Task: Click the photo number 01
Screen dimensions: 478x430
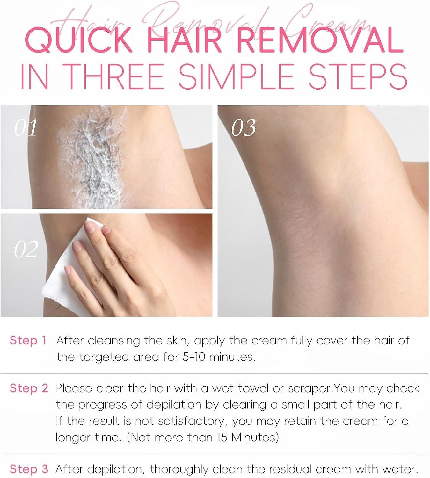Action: click(26, 127)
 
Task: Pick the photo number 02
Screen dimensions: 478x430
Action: click(26, 250)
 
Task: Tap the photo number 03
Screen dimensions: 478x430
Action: click(244, 127)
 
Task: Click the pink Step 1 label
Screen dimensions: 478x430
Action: click(28, 340)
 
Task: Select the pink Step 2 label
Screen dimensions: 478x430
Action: click(29, 388)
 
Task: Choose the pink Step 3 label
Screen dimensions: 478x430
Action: click(29, 469)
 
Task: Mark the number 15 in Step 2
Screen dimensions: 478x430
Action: click(223, 437)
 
